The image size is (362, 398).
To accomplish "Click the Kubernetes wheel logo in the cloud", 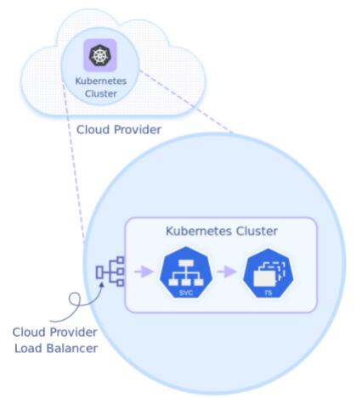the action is click(99, 55).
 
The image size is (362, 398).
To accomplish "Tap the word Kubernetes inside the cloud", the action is click(101, 81).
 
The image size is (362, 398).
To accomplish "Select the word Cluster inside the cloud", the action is click(101, 93).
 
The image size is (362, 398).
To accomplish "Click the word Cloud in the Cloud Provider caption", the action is click(93, 130).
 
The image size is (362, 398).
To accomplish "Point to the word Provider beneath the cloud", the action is click(138, 130).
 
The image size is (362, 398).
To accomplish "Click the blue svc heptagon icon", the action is click(186, 272).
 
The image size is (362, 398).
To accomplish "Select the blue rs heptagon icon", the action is click(269, 272).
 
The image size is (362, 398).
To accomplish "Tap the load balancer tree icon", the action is click(110, 272).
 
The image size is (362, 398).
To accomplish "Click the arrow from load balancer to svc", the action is click(144, 272).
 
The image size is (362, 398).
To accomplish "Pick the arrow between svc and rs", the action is click(227, 272).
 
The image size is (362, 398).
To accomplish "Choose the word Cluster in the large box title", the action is click(257, 231).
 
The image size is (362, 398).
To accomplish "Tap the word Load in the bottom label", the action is click(28, 348).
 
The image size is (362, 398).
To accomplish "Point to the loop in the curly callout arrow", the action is click(75, 300).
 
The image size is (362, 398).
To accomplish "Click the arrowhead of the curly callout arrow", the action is click(101, 283).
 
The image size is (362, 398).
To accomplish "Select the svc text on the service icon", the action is click(186, 293).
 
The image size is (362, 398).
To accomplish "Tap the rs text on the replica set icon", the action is click(268, 293).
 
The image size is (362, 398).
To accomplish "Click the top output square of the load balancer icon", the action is click(121, 260).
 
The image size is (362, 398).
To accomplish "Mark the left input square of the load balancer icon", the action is click(99, 272).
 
